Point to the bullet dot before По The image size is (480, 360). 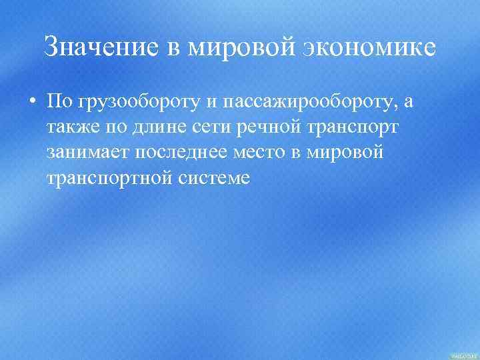pos(31,102)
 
